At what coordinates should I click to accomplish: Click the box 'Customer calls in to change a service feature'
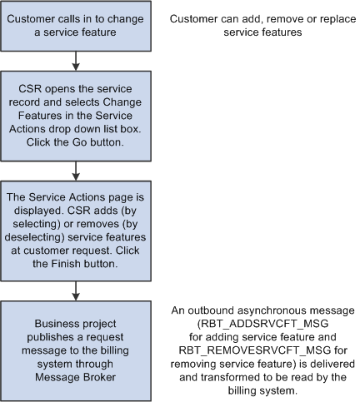76,26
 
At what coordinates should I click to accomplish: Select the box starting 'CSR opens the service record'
76,116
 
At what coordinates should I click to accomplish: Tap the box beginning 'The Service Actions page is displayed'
76,231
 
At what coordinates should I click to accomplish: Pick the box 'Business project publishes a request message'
76,350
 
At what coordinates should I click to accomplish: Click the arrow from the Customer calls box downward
76,61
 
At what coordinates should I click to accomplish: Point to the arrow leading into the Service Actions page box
76,171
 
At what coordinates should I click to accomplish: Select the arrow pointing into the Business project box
76,291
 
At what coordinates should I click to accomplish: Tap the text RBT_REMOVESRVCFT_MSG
255,350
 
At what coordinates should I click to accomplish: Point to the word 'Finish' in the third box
66,264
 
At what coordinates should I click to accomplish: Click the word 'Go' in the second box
80,142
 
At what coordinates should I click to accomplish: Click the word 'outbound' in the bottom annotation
201,310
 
